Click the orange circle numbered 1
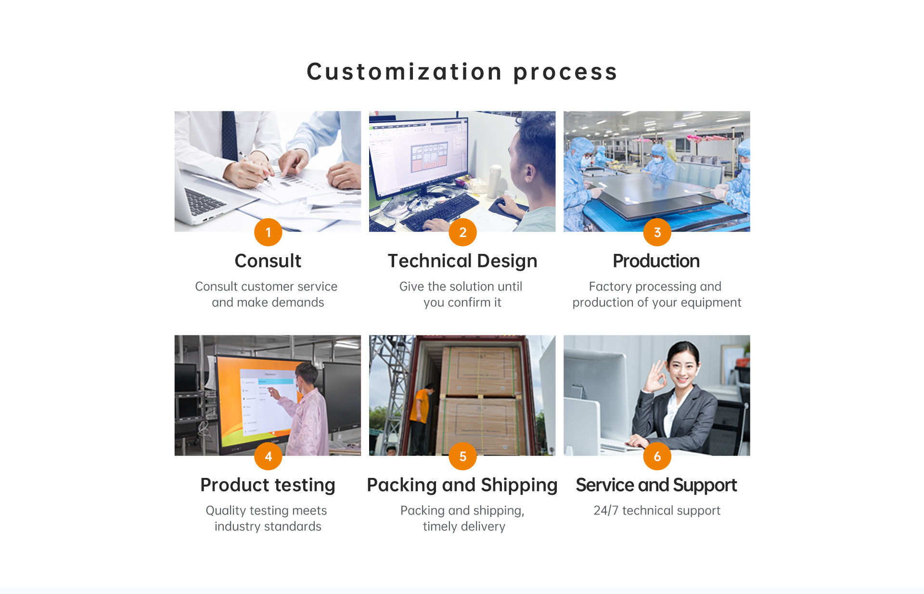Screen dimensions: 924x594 [268, 232]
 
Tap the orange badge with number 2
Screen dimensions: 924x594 [462, 232]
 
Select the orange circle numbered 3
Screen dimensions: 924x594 [657, 232]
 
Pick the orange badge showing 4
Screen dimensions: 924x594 [268, 456]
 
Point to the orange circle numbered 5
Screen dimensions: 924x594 [462, 456]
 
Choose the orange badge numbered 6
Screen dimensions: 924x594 [657, 456]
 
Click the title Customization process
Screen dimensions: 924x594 [462, 72]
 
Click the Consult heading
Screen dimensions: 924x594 [268, 261]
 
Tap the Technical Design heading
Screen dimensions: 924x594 [462, 261]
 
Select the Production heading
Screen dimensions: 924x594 [656, 261]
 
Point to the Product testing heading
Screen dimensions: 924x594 [268, 485]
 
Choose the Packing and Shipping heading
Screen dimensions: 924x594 [462, 485]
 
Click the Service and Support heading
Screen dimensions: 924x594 [656, 485]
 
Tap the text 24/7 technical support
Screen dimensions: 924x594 [657, 510]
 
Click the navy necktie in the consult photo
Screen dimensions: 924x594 [230, 135]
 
